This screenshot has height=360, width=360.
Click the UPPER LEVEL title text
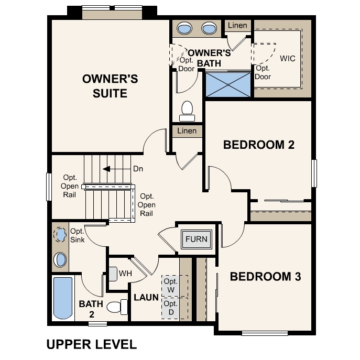92,344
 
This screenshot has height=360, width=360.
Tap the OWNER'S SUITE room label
110,86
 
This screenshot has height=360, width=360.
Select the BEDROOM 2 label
259,145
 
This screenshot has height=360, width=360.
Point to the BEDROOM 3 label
265,277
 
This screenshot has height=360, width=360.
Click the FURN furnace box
197,239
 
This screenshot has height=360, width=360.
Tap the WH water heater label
125,274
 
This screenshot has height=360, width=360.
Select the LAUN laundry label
146,297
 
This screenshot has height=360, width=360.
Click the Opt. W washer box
170,286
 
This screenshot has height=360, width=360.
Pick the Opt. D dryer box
170,308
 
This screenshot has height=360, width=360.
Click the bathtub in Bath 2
63,298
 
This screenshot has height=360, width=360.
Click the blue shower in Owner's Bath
228,84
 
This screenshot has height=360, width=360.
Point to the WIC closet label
288,58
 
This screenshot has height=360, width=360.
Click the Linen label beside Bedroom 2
187,131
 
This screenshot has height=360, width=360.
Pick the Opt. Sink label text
78,235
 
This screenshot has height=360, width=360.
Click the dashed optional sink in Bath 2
61,234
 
